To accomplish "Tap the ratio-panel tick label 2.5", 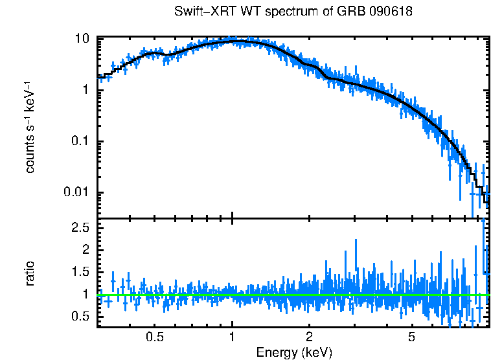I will click(x=80, y=228).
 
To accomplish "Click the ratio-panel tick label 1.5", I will click(x=80, y=272).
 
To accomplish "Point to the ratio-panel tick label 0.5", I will click(x=80, y=316).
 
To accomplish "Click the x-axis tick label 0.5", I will click(x=154, y=337).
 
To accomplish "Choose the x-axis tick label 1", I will click(x=232, y=337).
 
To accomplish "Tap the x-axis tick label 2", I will click(x=309, y=337).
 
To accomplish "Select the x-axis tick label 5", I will click(x=411, y=337).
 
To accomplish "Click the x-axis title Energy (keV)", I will click(x=294, y=352).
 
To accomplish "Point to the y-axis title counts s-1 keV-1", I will click(x=30, y=128).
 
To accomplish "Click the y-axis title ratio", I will click(x=30, y=273).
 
